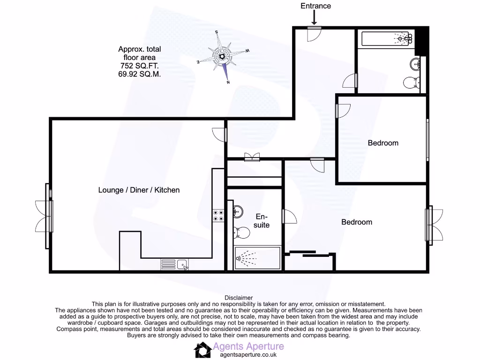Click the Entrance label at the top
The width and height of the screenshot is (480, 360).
[315, 6]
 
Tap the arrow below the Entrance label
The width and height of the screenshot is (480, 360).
[314, 17]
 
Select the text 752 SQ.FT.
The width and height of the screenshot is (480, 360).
[139, 66]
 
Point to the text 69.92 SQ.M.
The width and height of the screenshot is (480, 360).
[139, 74]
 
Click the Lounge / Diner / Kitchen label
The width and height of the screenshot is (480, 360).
[139, 190]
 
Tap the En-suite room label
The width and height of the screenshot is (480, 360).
[262, 221]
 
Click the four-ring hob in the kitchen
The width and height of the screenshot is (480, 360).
[218, 215]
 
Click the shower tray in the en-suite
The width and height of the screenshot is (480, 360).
[257, 258]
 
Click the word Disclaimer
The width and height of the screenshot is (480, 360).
[239, 298]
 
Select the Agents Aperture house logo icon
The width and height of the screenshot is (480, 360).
[202, 350]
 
